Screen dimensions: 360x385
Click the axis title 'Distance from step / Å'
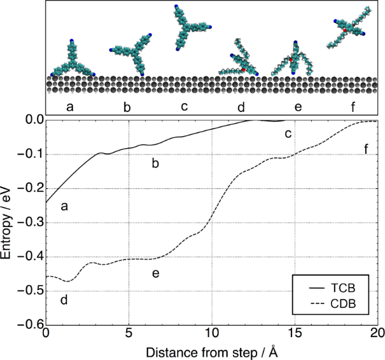(211, 350)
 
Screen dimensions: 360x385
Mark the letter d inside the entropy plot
(64, 299)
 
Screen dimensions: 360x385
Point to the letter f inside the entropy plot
(366, 149)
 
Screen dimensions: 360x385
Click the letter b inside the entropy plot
(155, 164)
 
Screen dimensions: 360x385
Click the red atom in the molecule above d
(243, 69)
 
